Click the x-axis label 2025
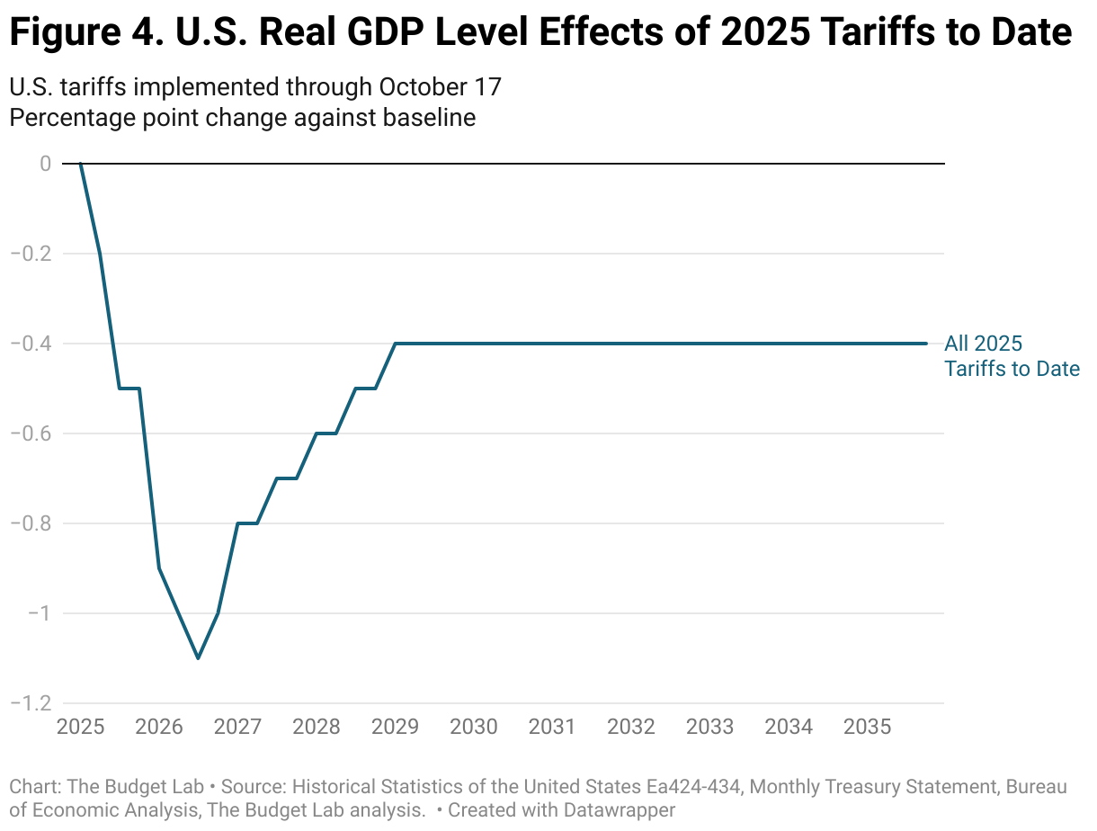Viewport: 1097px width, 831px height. [80, 726]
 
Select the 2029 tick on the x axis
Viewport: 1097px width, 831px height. [396, 726]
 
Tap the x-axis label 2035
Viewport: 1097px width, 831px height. [868, 726]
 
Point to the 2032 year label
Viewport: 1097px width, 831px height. [631, 726]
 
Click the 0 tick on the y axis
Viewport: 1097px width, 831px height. [44, 164]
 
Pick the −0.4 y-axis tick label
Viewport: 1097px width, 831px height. [31, 344]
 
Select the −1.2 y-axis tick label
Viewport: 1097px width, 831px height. [31, 703]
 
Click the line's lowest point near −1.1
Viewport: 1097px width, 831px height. [198, 658]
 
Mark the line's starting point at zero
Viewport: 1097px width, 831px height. [80, 164]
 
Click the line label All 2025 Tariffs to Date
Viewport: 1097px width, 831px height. [1011, 356]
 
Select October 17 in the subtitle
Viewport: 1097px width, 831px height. [440, 87]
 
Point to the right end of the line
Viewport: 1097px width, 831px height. [926, 344]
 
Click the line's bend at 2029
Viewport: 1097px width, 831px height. [396, 344]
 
